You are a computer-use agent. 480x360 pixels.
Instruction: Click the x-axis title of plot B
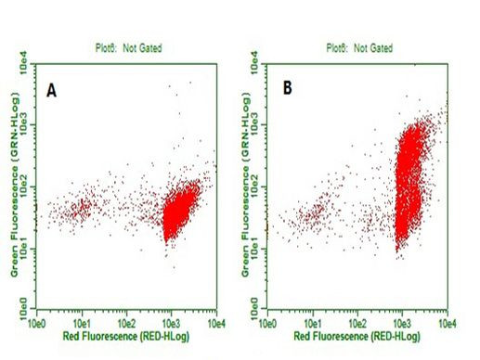coord(357,336)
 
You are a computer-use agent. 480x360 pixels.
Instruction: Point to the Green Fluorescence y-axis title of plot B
coord(248,186)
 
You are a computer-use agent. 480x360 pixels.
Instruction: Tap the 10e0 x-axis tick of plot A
coord(36,323)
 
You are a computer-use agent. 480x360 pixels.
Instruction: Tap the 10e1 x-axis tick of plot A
coord(82,323)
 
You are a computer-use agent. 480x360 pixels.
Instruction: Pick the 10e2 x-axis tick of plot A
coord(126,323)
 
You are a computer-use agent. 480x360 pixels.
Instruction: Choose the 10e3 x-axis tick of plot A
coord(172,323)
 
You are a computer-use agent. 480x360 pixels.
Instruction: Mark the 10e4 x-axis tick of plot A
coord(215,323)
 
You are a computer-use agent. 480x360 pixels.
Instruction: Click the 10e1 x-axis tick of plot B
coord(313,323)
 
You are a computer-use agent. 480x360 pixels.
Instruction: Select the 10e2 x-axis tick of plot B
coord(357,323)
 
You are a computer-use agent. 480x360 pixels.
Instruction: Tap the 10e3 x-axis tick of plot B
coord(403,323)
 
